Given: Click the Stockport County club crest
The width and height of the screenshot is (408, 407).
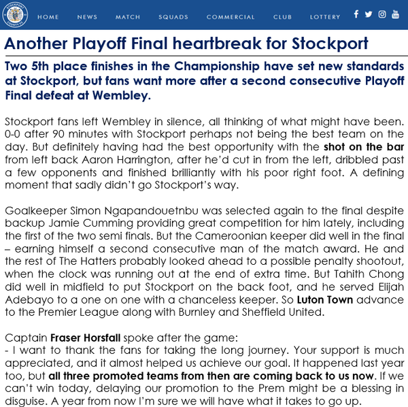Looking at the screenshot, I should (x=14, y=15).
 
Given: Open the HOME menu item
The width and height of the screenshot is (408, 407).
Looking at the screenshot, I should (x=48, y=17).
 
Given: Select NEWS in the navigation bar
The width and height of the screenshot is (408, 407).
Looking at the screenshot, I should (x=87, y=17).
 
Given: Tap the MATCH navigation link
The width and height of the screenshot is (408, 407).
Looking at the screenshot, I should (x=128, y=17).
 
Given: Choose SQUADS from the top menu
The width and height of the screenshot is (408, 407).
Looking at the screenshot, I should (x=173, y=17).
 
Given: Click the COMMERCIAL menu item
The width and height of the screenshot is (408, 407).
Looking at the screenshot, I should (x=231, y=17).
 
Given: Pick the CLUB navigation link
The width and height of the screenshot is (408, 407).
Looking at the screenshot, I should (x=282, y=17).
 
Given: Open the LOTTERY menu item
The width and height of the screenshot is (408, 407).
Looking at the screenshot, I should (x=325, y=17).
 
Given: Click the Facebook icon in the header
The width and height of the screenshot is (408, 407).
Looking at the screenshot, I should (x=356, y=14).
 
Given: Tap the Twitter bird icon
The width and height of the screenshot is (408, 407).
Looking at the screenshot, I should (x=369, y=14).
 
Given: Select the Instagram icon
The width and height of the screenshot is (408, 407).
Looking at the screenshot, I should (x=381, y=14).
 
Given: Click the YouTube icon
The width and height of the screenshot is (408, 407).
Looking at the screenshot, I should (x=395, y=14).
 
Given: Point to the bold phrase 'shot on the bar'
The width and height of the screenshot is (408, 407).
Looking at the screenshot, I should (x=364, y=146).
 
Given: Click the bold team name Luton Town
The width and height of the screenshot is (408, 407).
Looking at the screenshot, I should (x=326, y=300).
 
